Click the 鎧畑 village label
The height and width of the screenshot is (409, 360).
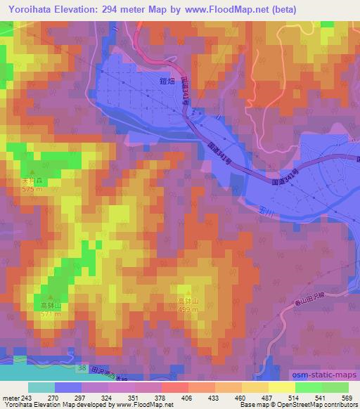pyautogui.click(x=166, y=82)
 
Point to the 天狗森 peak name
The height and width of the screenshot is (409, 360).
pyautogui.click(x=30, y=180)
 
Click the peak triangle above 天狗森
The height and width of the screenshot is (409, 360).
pyautogui.click(x=30, y=171)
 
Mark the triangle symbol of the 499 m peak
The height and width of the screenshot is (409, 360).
pyautogui.click(x=188, y=290)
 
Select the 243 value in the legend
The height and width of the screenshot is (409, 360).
pyautogui.click(x=29, y=398)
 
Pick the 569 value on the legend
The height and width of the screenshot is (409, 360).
pyautogui.click(x=347, y=398)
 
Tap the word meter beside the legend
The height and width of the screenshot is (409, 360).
pyautogui.click(x=11, y=398)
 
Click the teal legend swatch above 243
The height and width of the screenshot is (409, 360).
pyautogui.click(x=41, y=387)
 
